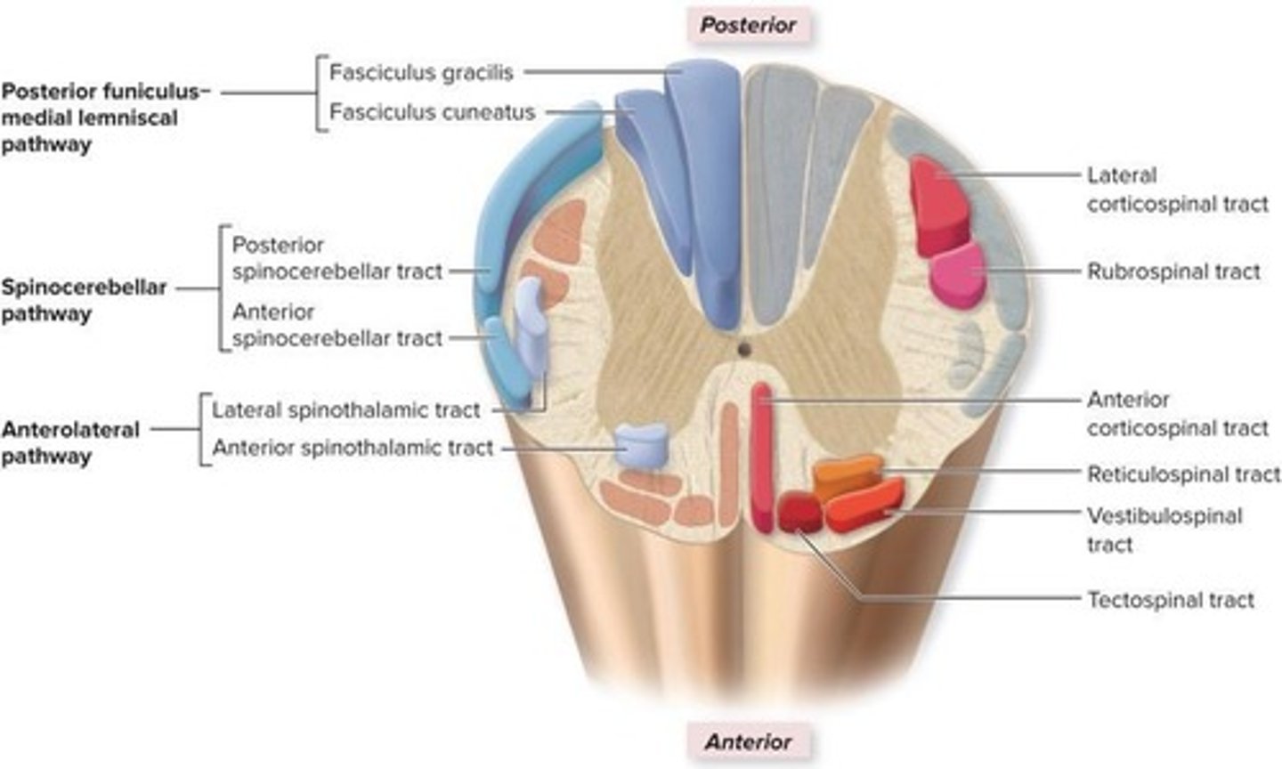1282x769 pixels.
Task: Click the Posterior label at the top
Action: (748, 25)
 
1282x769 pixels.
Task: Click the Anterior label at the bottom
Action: (748, 741)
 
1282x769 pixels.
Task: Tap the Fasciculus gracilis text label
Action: (421, 72)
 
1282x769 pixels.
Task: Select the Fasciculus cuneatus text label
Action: (432, 112)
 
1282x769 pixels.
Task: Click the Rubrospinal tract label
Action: (1172, 271)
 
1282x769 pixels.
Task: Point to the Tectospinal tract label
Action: (1170, 600)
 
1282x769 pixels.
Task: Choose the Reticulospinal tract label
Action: (1183, 474)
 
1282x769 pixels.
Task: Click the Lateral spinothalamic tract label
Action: (345, 410)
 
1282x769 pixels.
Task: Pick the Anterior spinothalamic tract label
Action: (352, 448)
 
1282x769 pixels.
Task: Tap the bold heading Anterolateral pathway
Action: (70, 442)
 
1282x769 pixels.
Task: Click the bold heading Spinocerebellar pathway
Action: (84, 301)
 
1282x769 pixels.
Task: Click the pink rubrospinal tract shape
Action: (958, 275)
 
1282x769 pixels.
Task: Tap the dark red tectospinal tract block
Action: (799, 513)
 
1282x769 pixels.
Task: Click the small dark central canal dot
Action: (744, 349)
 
